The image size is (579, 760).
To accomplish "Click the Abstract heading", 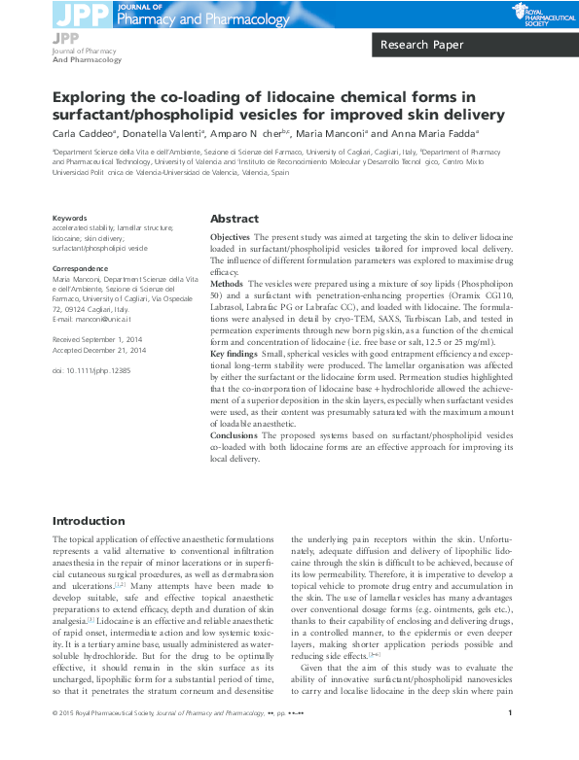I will coord(235,219).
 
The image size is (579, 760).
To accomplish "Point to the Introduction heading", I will coord(89,521).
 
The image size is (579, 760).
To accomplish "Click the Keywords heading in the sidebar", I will coord(69,219).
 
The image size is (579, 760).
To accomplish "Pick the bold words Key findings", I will coord(235,356).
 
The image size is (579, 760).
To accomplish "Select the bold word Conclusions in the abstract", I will coord(235,436).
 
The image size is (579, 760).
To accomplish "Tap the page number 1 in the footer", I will coord(511,742).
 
